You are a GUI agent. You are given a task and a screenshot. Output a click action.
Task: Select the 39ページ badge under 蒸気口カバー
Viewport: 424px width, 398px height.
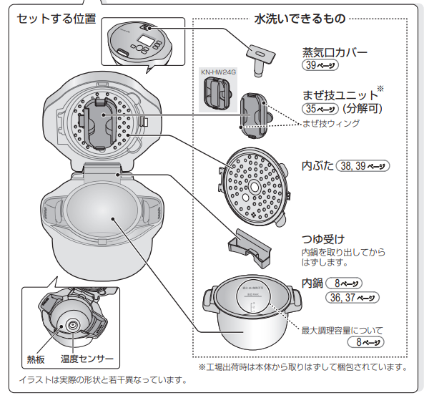(320, 65)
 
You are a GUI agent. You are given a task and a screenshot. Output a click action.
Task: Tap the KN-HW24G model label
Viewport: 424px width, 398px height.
(217, 72)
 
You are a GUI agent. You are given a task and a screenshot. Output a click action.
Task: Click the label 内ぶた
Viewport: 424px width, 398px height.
(317, 165)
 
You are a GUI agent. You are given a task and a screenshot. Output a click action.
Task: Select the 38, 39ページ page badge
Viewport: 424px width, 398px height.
(363, 165)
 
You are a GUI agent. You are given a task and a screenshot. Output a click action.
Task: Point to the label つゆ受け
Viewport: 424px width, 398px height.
(323, 239)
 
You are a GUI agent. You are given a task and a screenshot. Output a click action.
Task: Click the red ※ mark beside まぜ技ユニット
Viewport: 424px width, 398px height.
(380, 89)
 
